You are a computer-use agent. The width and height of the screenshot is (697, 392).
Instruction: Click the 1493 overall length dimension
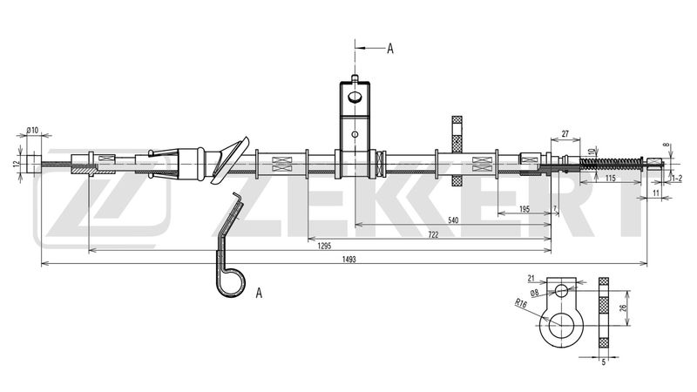pos(349,260)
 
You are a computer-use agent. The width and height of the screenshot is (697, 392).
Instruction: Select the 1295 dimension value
pos(324,246)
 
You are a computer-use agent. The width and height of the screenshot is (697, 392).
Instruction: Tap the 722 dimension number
pos(433,234)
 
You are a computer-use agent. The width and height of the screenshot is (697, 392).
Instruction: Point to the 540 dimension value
pos(453,220)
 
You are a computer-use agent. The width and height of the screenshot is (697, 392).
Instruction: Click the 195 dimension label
pos(524,209)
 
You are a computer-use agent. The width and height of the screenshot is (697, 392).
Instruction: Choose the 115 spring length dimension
pos(611,179)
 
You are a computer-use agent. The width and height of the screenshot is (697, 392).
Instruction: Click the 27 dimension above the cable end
pos(565,133)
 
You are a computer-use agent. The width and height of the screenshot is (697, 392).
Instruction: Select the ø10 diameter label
pos(32,130)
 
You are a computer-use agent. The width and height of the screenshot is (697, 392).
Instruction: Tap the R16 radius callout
pos(521,303)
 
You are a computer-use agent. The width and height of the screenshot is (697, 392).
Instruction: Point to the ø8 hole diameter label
pos(534,293)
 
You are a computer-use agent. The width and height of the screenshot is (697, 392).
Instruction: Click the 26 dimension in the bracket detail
pos(623,308)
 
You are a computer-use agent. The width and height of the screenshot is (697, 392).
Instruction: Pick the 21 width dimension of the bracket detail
pos(531,279)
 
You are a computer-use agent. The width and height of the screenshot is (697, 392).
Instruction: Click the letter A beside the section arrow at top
pos(389,49)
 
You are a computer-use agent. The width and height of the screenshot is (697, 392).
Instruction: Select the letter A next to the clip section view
pos(259,293)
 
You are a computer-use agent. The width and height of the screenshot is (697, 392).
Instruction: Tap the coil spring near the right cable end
pos(612,164)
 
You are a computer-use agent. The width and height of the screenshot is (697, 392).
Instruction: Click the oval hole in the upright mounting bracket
pos(355,97)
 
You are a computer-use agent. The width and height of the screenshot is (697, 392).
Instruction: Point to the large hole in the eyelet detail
pos(561,326)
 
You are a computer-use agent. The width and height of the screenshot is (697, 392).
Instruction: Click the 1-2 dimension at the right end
pos(677,179)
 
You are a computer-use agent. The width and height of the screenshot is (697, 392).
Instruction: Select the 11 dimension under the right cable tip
pos(656,193)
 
